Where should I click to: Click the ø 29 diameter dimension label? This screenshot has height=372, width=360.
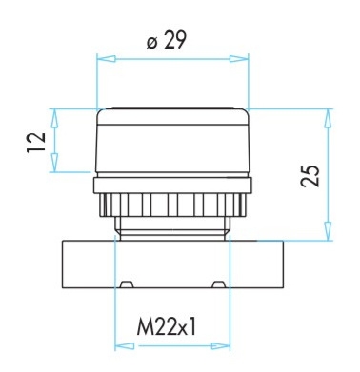(x=166, y=41)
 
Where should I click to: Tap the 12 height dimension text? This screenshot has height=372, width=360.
(x=36, y=143)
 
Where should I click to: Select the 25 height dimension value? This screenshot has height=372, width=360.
(x=310, y=176)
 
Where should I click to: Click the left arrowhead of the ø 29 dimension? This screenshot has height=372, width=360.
(x=106, y=59)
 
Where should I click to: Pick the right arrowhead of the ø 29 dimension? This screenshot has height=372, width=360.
(x=239, y=59)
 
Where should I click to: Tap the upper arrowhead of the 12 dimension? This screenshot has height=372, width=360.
(x=55, y=118)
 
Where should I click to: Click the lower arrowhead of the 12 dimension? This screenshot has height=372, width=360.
(x=55, y=163)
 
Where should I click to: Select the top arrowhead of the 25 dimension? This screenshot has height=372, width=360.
(x=328, y=118)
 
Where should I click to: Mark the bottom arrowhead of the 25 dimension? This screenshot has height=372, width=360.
(x=328, y=231)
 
